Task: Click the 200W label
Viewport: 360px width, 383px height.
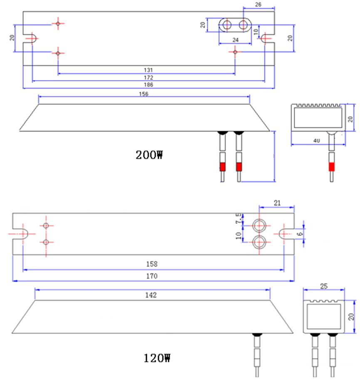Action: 149,155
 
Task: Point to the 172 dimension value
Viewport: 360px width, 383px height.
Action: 149,77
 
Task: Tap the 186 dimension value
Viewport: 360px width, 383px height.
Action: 149,84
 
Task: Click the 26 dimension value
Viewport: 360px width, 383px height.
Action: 258,4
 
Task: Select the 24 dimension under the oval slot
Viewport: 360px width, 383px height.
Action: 235,40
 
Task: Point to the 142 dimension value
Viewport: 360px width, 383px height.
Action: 151,295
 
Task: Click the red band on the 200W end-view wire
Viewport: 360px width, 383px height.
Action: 331,167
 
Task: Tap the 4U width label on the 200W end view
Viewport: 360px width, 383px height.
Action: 317,141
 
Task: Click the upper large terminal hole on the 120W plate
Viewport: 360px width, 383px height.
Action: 259,225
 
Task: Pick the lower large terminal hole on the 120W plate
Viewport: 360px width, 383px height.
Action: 259,241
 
